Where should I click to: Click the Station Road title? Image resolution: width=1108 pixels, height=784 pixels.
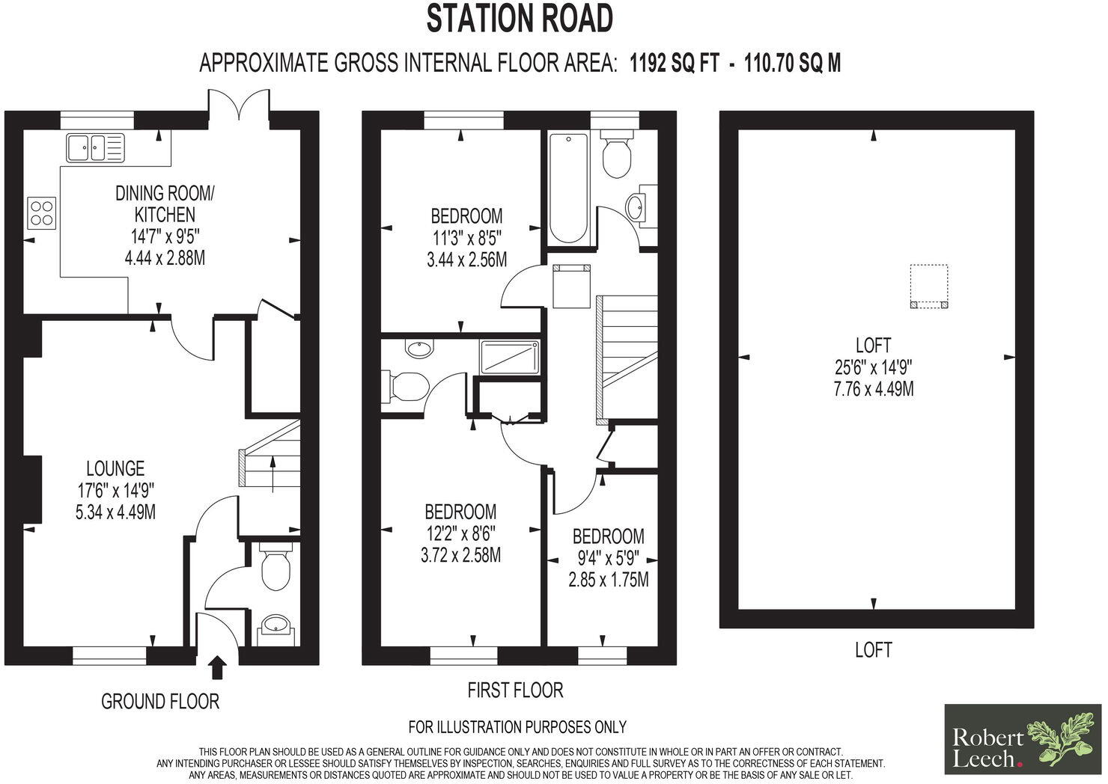[520, 19]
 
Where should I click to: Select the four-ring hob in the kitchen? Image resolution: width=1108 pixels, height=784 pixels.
[41, 211]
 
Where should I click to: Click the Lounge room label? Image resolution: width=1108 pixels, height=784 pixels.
[115, 469]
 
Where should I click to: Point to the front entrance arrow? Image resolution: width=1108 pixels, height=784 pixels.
[217, 667]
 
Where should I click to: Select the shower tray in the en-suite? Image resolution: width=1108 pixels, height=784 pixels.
[509, 357]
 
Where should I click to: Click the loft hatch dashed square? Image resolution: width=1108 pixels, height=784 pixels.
[929, 286]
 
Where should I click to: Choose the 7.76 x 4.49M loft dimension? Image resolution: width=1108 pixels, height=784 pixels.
[873, 389]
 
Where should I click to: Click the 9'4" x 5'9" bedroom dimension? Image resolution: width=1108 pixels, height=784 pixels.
[608, 558]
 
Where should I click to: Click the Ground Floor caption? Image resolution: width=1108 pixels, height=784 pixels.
[160, 702]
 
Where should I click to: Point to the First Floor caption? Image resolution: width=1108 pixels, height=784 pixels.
[515, 690]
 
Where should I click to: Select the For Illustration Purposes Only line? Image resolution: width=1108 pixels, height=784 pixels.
[517, 726]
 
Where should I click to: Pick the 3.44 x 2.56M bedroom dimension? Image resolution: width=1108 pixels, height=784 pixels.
[465, 259]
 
